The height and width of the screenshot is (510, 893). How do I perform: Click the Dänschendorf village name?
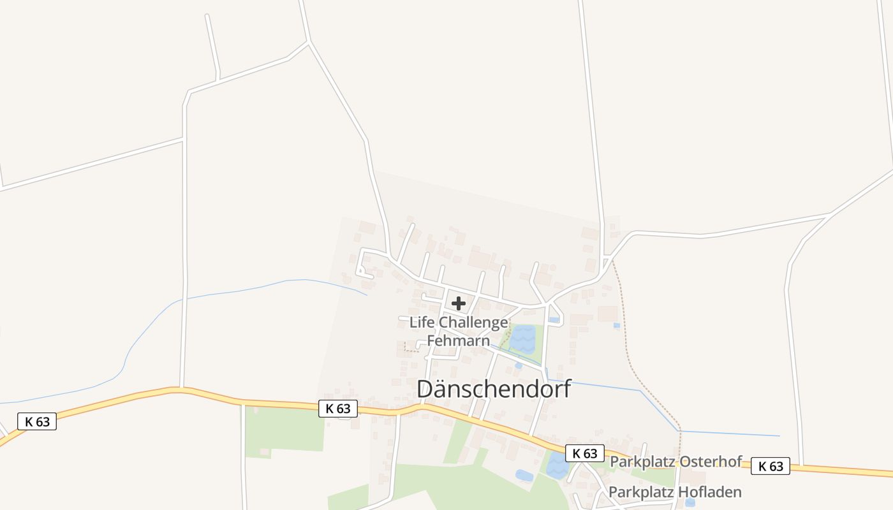(x=494, y=390)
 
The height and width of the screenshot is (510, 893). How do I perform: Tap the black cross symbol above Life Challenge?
(x=458, y=303)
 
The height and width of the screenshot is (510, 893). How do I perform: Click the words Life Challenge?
(x=459, y=323)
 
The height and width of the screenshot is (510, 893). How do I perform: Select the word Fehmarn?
(x=458, y=340)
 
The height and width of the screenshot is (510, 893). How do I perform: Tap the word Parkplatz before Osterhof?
(x=639, y=462)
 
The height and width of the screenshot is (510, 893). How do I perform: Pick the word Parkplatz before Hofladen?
(x=638, y=492)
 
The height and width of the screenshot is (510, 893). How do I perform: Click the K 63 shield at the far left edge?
(x=37, y=421)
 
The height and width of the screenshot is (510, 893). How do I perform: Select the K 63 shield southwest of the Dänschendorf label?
(x=338, y=409)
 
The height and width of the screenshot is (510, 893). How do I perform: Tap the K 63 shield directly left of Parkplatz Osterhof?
(x=584, y=453)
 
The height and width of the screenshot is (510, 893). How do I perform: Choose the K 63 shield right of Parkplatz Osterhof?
(x=771, y=466)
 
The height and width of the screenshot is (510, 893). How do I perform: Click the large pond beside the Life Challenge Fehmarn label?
(x=522, y=339)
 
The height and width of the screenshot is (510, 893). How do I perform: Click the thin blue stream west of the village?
(x=242, y=290)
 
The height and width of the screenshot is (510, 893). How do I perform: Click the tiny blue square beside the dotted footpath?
(x=616, y=325)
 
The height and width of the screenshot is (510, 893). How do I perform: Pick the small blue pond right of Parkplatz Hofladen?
(x=690, y=502)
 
